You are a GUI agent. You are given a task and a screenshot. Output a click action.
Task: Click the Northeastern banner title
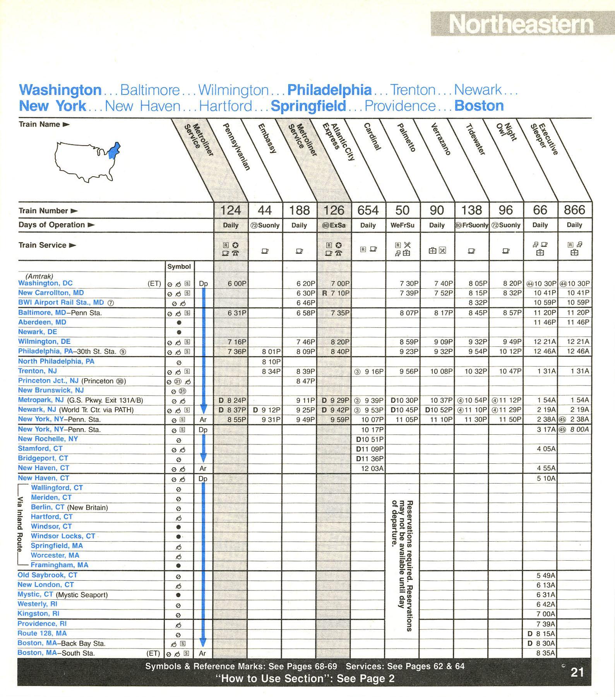pos(521,24)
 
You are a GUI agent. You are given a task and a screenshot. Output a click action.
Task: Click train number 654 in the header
pos(368,210)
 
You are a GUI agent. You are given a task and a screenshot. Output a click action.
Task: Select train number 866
pos(574,210)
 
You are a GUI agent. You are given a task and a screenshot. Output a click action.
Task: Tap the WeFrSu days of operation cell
pos(403,225)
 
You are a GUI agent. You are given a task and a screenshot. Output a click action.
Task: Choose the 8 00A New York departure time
pos(579,429)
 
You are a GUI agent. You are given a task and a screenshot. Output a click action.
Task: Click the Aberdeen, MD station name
pos(42,322)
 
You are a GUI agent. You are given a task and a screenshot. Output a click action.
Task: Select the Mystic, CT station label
pos(35,594)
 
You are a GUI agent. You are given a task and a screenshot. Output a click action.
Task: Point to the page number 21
pos(577,672)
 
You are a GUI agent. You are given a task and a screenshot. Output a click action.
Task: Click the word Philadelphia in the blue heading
pos(329,90)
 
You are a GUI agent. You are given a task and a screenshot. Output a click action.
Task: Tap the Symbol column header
pos(179,267)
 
